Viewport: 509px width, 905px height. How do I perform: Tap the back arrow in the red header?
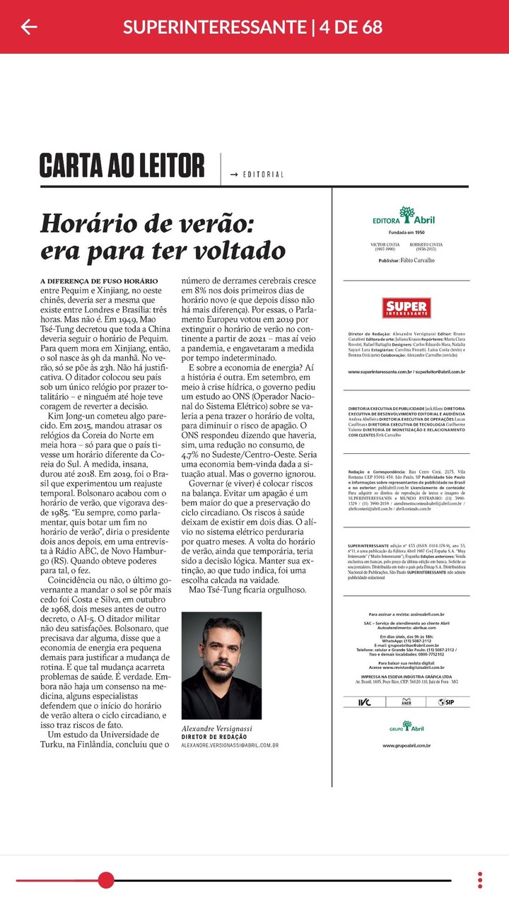[29, 27]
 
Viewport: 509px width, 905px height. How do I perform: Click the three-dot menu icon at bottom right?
[480, 880]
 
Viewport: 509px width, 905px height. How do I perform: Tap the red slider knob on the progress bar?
[106, 880]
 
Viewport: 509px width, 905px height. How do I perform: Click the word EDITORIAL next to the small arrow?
[263, 175]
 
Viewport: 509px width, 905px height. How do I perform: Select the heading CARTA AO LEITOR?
[122, 165]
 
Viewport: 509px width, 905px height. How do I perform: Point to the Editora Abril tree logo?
[406, 213]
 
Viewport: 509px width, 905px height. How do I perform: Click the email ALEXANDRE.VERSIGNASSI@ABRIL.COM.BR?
[230, 745]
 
